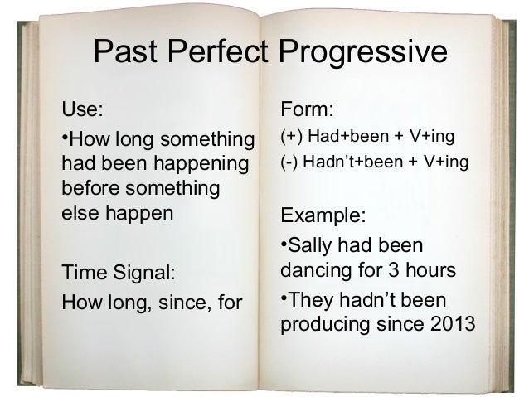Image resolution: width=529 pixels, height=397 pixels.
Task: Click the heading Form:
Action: click(308, 109)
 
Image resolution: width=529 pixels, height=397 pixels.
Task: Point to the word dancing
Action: click(315, 271)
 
